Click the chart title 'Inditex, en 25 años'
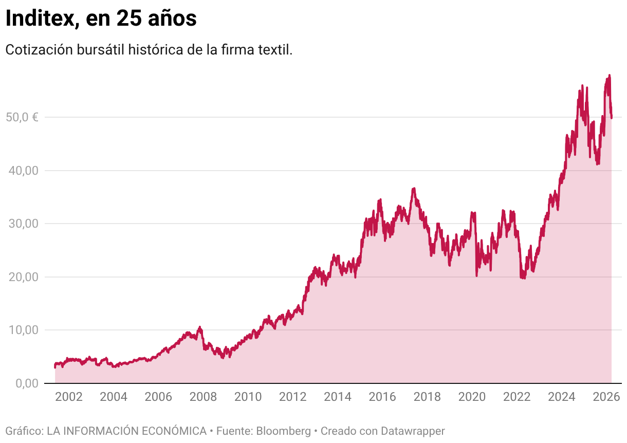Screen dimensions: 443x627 click(x=101, y=19)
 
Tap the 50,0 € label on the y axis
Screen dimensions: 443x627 click(x=22, y=117)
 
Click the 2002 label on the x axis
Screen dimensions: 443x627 click(x=68, y=397)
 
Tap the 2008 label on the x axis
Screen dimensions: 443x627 click(x=203, y=397)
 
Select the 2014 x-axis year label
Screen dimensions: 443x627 click(x=338, y=397)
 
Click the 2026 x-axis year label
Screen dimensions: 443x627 click(x=606, y=397)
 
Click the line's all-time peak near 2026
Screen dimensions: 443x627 click(x=609, y=76)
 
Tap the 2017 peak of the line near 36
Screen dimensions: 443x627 click(x=413, y=189)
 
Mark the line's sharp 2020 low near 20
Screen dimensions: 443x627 click(x=476, y=275)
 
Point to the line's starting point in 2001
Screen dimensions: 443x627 click(x=55, y=366)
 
